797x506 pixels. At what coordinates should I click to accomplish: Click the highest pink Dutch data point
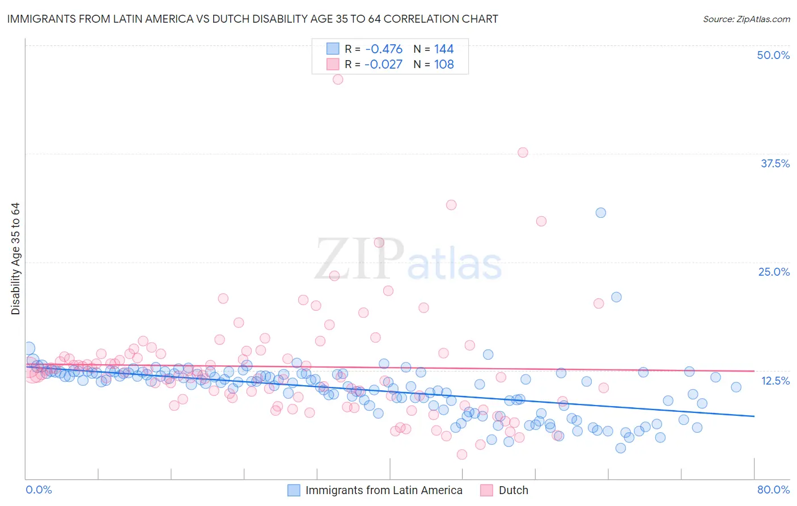coord(338,79)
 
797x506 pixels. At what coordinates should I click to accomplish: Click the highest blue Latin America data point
coord(601,213)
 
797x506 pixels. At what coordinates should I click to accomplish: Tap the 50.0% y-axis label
coord(773,55)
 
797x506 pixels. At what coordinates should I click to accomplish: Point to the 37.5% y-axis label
coord(775,163)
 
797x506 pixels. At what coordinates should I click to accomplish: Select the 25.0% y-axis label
coord(774,272)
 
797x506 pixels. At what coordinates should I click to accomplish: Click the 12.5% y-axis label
coord(775,381)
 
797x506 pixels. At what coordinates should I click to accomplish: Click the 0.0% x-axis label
coord(39,490)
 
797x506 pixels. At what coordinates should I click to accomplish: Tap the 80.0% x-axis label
coord(773,490)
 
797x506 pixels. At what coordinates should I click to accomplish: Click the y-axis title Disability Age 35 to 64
coord(15,259)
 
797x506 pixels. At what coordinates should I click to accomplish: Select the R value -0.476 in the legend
coord(384,49)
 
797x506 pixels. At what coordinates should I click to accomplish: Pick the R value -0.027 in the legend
coord(383,65)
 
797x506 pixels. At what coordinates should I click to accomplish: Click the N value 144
coord(444,49)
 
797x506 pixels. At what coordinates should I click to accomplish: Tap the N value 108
coord(444,65)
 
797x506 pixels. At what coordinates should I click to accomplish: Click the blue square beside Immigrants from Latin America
coord(294,490)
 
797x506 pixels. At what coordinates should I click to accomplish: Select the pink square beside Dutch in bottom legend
coord(487,490)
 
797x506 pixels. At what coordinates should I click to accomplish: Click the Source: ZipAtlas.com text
coord(746,19)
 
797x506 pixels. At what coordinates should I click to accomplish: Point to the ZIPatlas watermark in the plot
coord(408,260)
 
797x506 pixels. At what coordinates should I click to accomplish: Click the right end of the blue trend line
coord(754,416)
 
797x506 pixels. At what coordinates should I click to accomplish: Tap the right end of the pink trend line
coord(754,371)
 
